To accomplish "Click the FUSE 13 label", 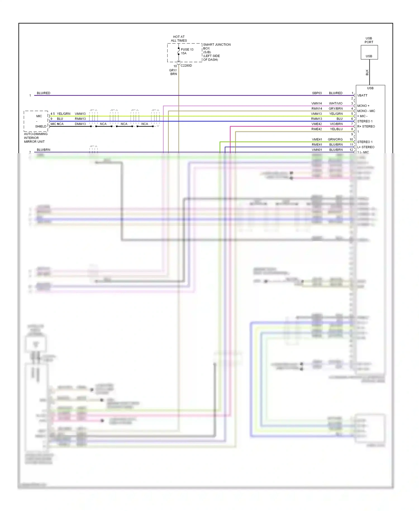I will (x=187, y=49).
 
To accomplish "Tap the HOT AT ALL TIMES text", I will (x=179, y=39).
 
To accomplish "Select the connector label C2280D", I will (x=186, y=66).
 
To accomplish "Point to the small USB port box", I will (x=369, y=52).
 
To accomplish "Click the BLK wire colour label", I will (x=367, y=72).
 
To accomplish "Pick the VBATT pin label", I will (x=362, y=96).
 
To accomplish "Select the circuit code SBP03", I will (x=317, y=93).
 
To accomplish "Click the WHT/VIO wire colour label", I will (x=335, y=103).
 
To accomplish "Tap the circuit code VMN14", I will (x=316, y=103).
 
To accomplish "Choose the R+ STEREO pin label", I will (x=366, y=127).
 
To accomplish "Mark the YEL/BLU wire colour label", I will (x=336, y=129).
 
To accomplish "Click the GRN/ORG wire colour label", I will (x=335, y=139).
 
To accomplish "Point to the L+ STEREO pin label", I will (x=366, y=147).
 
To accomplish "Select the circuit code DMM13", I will (x=80, y=124).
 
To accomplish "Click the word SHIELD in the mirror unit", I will (x=41, y=127).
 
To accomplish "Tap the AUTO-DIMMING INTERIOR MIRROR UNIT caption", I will (x=35, y=138).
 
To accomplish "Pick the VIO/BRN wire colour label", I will (x=336, y=124).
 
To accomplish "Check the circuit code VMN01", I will (x=317, y=150).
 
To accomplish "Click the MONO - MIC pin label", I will (x=366, y=111).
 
